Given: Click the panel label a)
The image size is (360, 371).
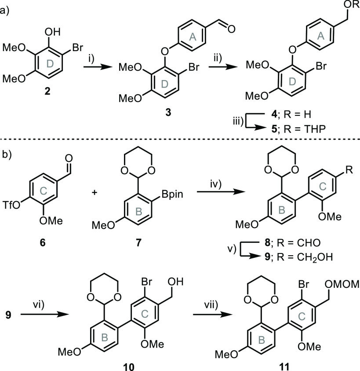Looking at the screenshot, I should pyautogui.click(x=6, y=6).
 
